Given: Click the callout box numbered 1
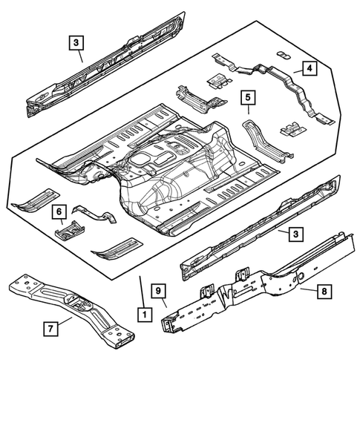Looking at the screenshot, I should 142,315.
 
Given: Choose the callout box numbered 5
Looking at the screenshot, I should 249,97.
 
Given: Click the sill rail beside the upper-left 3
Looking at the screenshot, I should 104,74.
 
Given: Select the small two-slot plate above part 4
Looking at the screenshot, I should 283,54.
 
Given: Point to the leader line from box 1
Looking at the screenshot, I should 140,291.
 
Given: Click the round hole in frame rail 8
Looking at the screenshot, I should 304,276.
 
